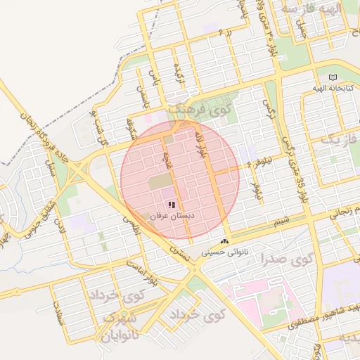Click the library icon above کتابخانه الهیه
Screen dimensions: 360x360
(333, 78)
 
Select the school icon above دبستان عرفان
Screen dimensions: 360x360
(172, 205)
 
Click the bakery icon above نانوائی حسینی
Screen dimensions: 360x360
(224, 240)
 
